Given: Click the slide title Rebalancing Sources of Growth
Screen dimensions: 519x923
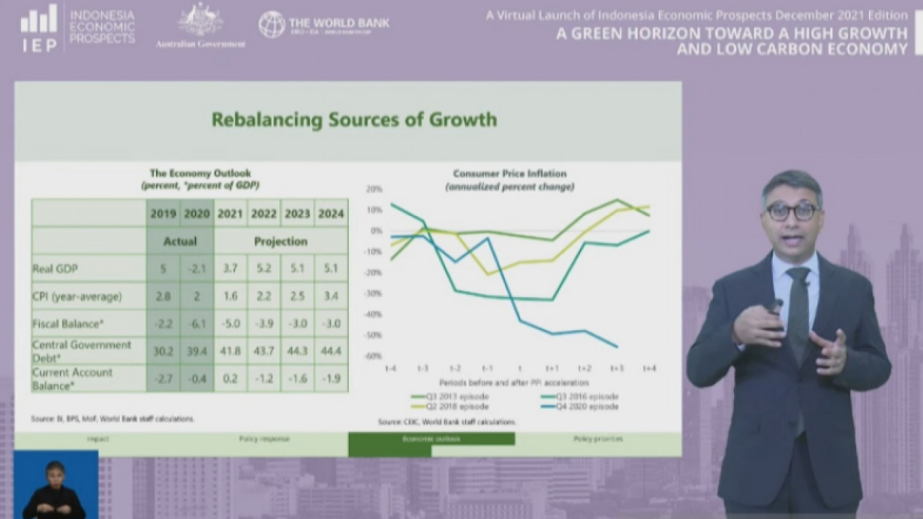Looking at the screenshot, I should click(354, 119).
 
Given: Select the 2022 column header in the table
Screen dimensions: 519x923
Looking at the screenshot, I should click(263, 214).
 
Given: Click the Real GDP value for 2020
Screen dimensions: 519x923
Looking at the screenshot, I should click(196, 269).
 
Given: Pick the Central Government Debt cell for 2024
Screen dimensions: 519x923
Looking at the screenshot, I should click(331, 351).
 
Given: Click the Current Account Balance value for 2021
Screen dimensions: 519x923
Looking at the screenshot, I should click(230, 379).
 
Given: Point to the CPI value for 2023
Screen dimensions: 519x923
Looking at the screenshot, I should click(297, 296).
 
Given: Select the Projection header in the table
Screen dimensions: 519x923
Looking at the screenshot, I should click(280, 242).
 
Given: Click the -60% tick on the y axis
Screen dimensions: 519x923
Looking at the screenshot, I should click(374, 356).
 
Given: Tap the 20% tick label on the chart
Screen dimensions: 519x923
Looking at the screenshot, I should click(374, 188).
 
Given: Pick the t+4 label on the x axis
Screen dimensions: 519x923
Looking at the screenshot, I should click(649, 369).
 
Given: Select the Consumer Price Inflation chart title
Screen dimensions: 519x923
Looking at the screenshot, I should click(509, 174).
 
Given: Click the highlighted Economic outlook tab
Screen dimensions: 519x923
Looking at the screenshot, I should click(431, 439).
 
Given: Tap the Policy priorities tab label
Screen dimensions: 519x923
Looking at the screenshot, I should click(598, 439).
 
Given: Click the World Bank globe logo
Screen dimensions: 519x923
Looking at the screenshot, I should click(271, 24).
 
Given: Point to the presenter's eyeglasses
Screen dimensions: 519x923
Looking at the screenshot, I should click(792, 212).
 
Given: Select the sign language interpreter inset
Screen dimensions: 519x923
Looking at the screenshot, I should click(55, 485).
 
